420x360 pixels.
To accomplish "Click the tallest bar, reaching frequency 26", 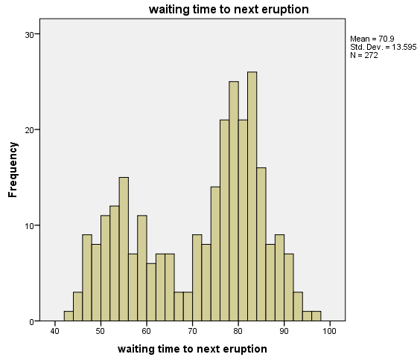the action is (x=252, y=196).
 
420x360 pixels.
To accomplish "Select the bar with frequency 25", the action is (x=234, y=201).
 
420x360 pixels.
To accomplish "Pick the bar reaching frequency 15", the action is (x=124, y=249).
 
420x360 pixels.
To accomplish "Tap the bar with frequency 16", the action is (x=261, y=244).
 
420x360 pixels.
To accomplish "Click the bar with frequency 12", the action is (x=115, y=263).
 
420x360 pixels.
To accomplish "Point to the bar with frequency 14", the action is (x=215, y=254).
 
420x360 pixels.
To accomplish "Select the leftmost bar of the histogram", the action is (x=69, y=316).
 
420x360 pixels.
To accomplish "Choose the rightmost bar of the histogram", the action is (x=316, y=316).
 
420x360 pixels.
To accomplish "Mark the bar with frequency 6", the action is (x=151, y=292).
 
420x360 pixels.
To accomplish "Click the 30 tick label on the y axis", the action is (x=29, y=35).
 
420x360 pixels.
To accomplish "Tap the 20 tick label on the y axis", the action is (x=29, y=130).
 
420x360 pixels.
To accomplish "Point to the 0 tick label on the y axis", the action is (x=31, y=322).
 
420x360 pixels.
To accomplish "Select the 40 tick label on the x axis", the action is (x=54, y=331).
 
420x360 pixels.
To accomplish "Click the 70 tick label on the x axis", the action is (x=192, y=331).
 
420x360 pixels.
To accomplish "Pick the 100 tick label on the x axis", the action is (x=329, y=331).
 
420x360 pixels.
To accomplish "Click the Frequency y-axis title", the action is (x=13, y=170).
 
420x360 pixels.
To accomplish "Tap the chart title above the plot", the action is (x=229, y=10).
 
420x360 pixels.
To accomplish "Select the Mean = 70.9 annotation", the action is (x=372, y=39).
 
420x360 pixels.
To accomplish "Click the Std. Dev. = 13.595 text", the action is (x=384, y=47).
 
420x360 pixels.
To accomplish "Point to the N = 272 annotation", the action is (x=364, y=55).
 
